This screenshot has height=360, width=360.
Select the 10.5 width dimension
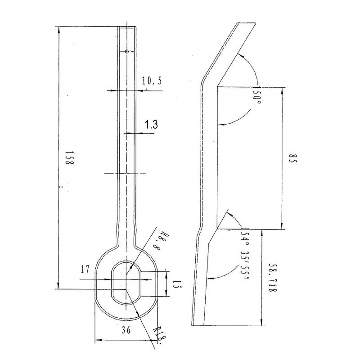152,81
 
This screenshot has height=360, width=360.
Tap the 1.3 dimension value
151,125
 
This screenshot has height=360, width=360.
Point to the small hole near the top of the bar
127,52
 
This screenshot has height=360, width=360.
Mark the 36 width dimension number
126,330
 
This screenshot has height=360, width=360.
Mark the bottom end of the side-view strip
198,324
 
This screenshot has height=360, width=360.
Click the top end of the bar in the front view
127,27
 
